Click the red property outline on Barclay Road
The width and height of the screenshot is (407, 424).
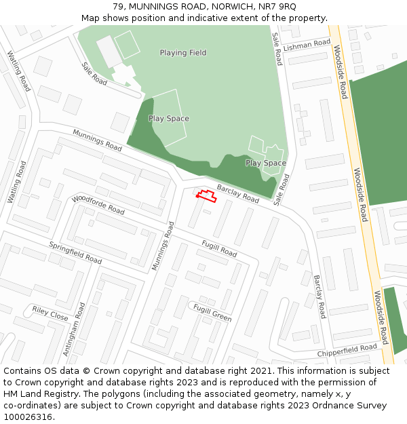click(206, 197)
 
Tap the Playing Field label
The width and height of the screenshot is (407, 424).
click(183, 52)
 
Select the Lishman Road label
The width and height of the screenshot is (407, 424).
click(307, 45)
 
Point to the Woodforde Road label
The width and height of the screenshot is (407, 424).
click(98, 204)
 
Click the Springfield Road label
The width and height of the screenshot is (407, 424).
click(75, 253)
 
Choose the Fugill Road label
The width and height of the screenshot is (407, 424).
click(219, 248)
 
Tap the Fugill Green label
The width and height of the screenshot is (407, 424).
click(212, 313)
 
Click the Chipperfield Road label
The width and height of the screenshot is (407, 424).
click(347, 351)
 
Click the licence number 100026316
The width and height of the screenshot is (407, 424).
click(29, 417)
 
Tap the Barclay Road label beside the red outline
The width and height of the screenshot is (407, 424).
click(237, 193)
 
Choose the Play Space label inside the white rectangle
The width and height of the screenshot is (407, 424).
click(169, 119)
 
